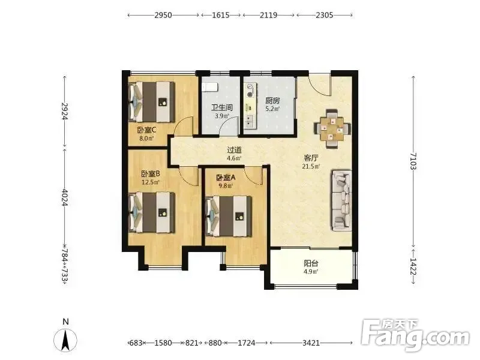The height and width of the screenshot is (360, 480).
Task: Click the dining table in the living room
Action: tap(332, 129)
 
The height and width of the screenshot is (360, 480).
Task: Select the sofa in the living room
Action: tap(341, 201)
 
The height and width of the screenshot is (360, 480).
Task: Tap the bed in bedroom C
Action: tap(152, 101)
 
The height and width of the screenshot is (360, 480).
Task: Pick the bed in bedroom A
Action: tap(229, 217)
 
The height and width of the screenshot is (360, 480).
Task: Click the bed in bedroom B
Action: tap(152, 212)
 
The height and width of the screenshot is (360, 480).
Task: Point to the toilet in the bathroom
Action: tap(209, 86)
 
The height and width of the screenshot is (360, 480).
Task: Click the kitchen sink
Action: tap(250, 121)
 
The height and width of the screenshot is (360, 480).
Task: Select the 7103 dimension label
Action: tap(413, 161)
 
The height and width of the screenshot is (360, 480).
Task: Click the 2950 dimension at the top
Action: tap(163, 15)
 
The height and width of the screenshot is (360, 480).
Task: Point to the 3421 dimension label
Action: tap(311, 343)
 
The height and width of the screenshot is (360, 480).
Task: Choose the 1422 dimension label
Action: tap(413, 266)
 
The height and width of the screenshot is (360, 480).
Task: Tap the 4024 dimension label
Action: tap(65, 197)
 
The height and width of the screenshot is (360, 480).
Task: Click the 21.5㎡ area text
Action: tap(311, 167)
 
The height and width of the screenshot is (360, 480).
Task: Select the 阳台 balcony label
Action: tap(311, 263)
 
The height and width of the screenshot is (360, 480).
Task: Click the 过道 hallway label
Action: tap(234, 150)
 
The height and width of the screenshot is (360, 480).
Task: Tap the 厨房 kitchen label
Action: tap(272, 100)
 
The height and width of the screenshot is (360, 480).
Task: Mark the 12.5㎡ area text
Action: tap(151, 182)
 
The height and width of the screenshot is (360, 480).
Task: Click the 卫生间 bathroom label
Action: tap(222, 108)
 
